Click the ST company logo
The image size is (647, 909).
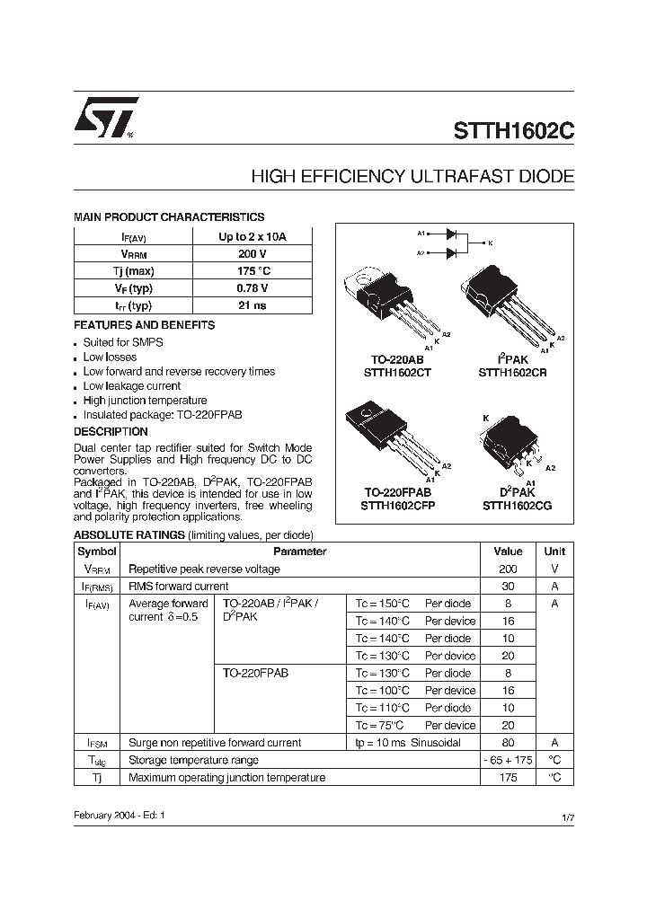point(105,118)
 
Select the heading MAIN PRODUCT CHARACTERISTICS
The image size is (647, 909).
point(169,217)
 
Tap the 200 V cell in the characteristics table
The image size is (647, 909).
point(253,254)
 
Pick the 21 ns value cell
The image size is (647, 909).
point(253,305)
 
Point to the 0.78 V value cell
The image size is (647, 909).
point(253,288)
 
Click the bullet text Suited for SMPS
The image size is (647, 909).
point(123,342)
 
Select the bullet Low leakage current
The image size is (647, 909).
point(132,386)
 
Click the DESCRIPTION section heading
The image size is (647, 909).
point(111,432)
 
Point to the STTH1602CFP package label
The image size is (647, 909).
point(397,506)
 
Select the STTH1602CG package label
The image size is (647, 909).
point(517,506)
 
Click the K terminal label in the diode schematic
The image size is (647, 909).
point(489,243)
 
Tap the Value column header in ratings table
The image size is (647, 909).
point(508,552)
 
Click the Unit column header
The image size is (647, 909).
point(554,552)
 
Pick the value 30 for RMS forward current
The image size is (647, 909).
point(508,587)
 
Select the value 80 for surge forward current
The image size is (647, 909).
point(508,743)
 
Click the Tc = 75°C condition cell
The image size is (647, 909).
point(381,726)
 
